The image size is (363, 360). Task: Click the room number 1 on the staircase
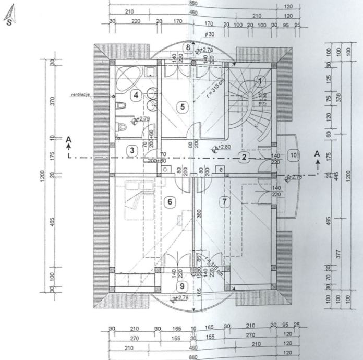pyautogui.click(x=260, y=81)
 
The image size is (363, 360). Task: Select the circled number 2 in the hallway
pyautogui.click(x=243, y=157)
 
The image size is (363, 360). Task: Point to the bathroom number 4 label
pyautogui.click(x=135, y=95)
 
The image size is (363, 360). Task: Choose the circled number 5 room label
pyautogui.click(x=181, y=107)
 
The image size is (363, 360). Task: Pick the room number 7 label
pyautogui.click(x=224, y=201)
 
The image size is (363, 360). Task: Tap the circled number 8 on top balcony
pyautogui.click(x=188, y=47)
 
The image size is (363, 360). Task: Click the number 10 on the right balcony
pyautogui.click(x=294, y=155)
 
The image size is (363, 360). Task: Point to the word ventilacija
pyautogui.click(x=81, y=95)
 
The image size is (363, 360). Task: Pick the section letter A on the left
pyautogui.click(x=68, y=139)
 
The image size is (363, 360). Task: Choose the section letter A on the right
pyautogui.click(x=317, y=153)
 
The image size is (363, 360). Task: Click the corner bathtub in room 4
pyautogui.click(x=125, y=78)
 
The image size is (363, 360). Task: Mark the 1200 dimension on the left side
pyautogui.click(x=42, y=177)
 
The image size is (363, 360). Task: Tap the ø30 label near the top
pyautogui.click(x=210, y=34)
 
